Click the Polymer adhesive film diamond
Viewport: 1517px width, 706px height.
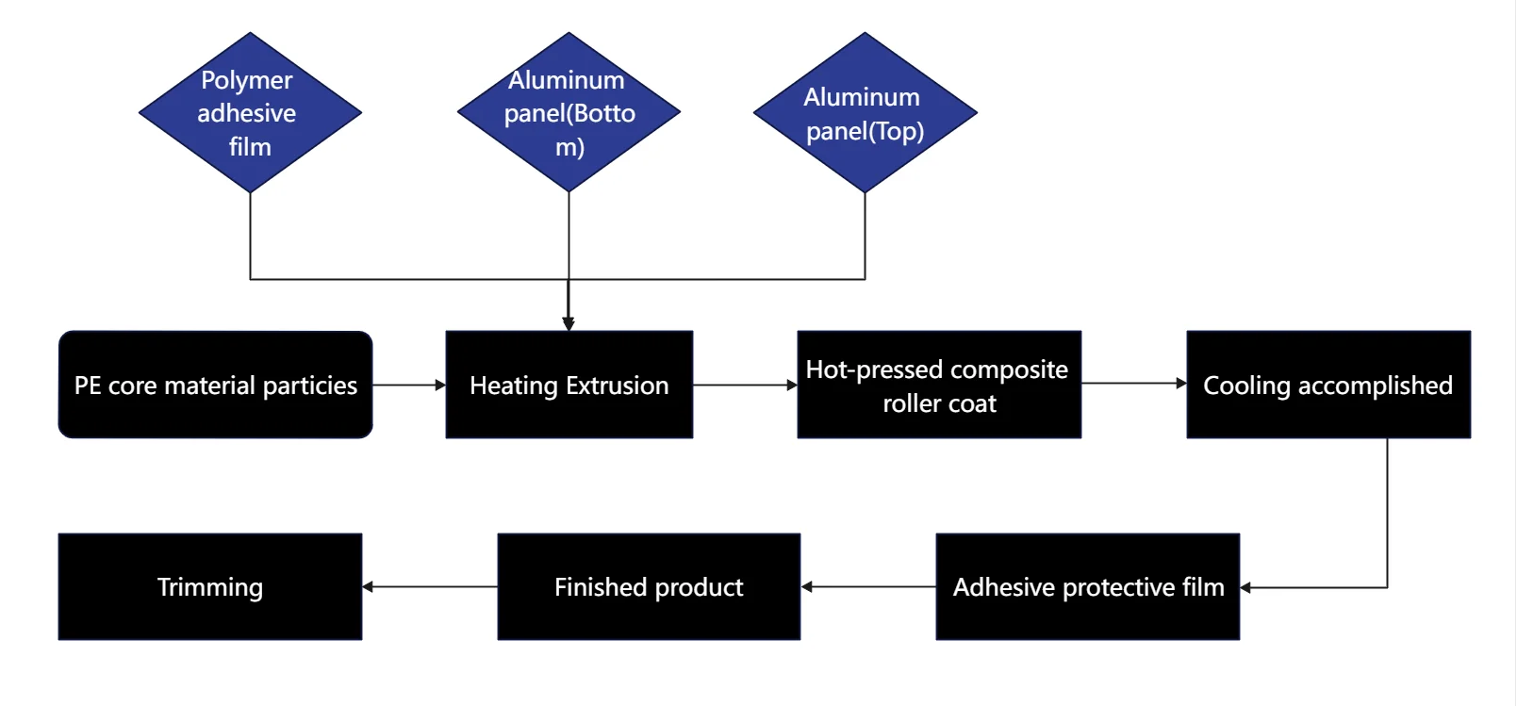tap(250, 113)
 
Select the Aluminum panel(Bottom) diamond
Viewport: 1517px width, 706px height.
tap(569, 113)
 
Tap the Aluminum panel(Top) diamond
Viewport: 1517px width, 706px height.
tap(865, 113)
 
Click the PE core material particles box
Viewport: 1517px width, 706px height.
tap(215, 385)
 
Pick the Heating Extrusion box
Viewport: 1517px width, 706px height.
tap(569, 385)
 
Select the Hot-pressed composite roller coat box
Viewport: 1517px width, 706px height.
tap(938, 385)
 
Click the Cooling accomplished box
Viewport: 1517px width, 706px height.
tap(1327, 385)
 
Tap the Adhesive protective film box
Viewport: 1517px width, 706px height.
tap(1087, 587)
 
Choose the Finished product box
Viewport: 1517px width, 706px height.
tap(649, 587)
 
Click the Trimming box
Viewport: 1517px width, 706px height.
tap(209, 587)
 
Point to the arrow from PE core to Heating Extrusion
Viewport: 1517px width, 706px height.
tap(408, 385)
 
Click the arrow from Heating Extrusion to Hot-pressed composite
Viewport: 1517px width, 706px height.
tap(745, 385)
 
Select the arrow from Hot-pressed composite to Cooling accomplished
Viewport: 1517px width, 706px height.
tap(1133, 383)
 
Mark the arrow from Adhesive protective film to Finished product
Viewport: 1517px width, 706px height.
tap(867, 586)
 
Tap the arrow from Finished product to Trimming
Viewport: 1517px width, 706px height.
tap(429, 586)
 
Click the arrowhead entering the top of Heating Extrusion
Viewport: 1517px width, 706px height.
tap(569, 323)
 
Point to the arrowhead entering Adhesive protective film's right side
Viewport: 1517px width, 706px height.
tap(1246, 587)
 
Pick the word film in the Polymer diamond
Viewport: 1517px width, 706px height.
tap(250, 147)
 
